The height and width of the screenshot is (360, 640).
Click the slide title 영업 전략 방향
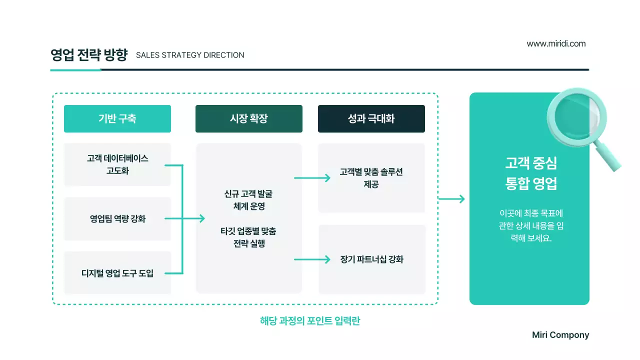coord(89,54)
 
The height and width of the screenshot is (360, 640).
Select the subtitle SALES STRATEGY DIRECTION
coord(190,55)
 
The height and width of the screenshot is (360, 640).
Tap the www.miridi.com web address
coord(556,43)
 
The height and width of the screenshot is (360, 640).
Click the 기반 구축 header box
coord(117,118)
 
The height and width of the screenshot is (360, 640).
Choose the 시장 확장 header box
coord(249,118)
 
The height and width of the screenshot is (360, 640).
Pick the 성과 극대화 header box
coord(371,118)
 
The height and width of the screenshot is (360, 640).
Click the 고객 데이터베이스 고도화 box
coord(117,164)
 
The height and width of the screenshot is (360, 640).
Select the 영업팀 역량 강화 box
coord(117,218)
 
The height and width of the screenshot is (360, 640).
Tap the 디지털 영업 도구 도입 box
coord(117,273)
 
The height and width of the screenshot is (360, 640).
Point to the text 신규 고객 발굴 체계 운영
coord(248,199)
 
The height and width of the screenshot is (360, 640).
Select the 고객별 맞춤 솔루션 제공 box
coord(371,178)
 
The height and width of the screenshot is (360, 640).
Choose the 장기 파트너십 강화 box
coord(371,259)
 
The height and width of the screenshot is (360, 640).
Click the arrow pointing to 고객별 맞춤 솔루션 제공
coord(312,178)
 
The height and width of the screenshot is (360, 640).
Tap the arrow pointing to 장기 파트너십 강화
coord(312,259)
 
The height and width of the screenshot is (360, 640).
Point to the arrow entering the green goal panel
coord(451,199)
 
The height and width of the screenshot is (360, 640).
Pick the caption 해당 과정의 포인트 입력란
coord(310,321)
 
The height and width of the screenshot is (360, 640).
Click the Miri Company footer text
coord(560,335)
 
